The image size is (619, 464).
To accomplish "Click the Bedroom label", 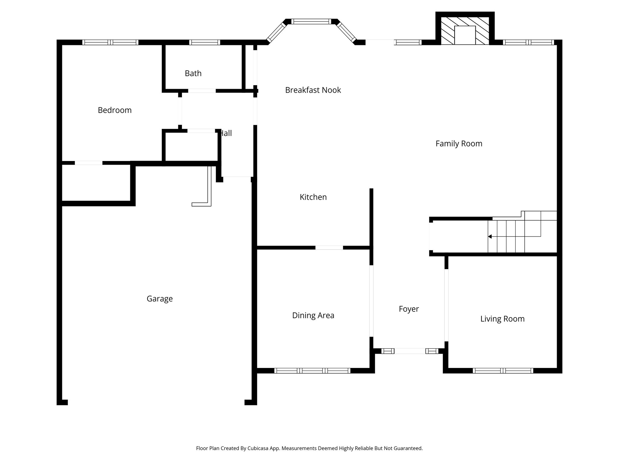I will pyautogui.click(x=115, y=110).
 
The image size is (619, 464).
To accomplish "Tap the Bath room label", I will pyautogui.click(x=193, y=73).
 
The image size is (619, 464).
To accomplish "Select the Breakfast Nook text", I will pyautogui.click(x=313, y=90).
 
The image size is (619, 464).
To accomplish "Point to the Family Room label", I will pyautogui.click(x=459, y=143).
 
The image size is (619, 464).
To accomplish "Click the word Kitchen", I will pyautogui.click(x=313, y=197).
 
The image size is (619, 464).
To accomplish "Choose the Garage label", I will pyautogui.click(x=160, y=299).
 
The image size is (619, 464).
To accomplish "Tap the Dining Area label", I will pyautogui.click(x=313, y=315).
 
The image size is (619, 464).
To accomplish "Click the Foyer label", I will pyautogui.click(x=409, y=309).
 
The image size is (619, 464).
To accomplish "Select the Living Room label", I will pyautogui.click(x=502, y=319).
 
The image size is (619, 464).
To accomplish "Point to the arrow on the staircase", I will pyautogui.click(x=490, y=237).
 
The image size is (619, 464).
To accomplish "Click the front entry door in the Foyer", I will pyautogui.click(x=410, y=351).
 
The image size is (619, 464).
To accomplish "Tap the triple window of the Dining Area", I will pyautogui.click(x=312, y=370).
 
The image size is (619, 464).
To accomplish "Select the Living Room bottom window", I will pyautogui.click(x=503, y=370).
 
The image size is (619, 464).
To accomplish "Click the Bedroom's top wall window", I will pyautogui.click(x=110, y=42).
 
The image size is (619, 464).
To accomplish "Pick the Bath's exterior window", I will pyautogui.click(x=205, y=42).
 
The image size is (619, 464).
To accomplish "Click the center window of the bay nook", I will pyautogui.click(x=311, y=21).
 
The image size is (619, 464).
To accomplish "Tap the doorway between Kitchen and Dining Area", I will pyautogui.click(x=329, y=248).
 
